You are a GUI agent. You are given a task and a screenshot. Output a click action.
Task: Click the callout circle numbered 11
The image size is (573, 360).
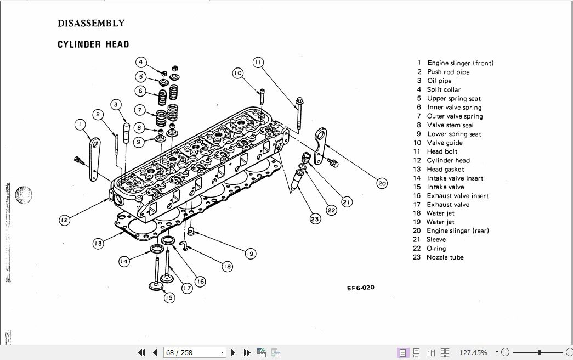click(258, 62)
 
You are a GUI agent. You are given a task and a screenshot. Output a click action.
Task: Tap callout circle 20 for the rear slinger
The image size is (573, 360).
click(382, 184)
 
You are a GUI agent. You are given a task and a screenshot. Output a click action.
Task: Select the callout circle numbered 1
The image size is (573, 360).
click(80, 125)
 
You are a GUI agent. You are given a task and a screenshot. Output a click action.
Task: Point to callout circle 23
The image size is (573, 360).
click(315, 219)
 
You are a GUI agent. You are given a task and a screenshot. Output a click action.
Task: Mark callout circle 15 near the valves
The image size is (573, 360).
click(168, 297)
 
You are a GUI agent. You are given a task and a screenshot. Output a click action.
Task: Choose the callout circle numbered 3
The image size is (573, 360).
click(116, 104)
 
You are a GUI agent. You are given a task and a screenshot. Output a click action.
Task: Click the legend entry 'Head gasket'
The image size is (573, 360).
click(445, 169)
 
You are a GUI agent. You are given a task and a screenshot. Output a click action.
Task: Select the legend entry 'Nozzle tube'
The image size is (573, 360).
click(445, 257)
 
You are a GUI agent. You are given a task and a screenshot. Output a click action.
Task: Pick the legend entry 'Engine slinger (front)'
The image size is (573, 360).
click(460, 63)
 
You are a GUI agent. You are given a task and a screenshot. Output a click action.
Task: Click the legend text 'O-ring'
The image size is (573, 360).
click(436, 249)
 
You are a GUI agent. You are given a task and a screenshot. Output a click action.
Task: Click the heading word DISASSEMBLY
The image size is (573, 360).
click(91, 24)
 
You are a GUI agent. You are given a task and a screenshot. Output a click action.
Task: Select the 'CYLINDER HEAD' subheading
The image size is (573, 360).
click(93, 44)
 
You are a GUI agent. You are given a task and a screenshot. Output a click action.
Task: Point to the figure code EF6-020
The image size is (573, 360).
click(360, 288)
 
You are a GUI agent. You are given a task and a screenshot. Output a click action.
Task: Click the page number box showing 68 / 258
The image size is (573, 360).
click(195, 352)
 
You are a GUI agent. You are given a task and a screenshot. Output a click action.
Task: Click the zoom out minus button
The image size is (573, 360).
click(505, 352)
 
